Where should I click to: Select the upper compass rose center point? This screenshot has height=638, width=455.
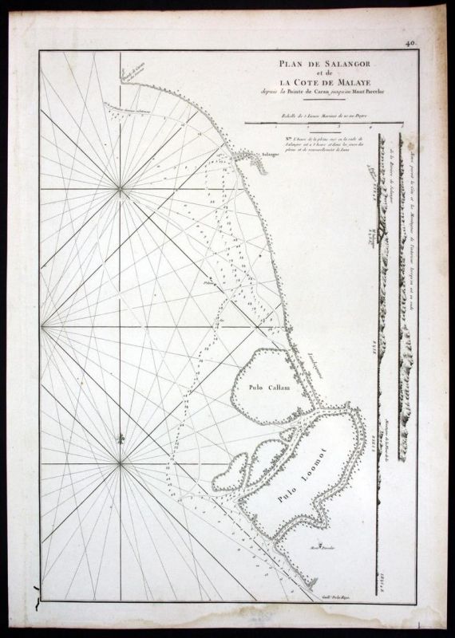[x=121, y=189]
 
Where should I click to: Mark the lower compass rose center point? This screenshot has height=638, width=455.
[x=121, y=462]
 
